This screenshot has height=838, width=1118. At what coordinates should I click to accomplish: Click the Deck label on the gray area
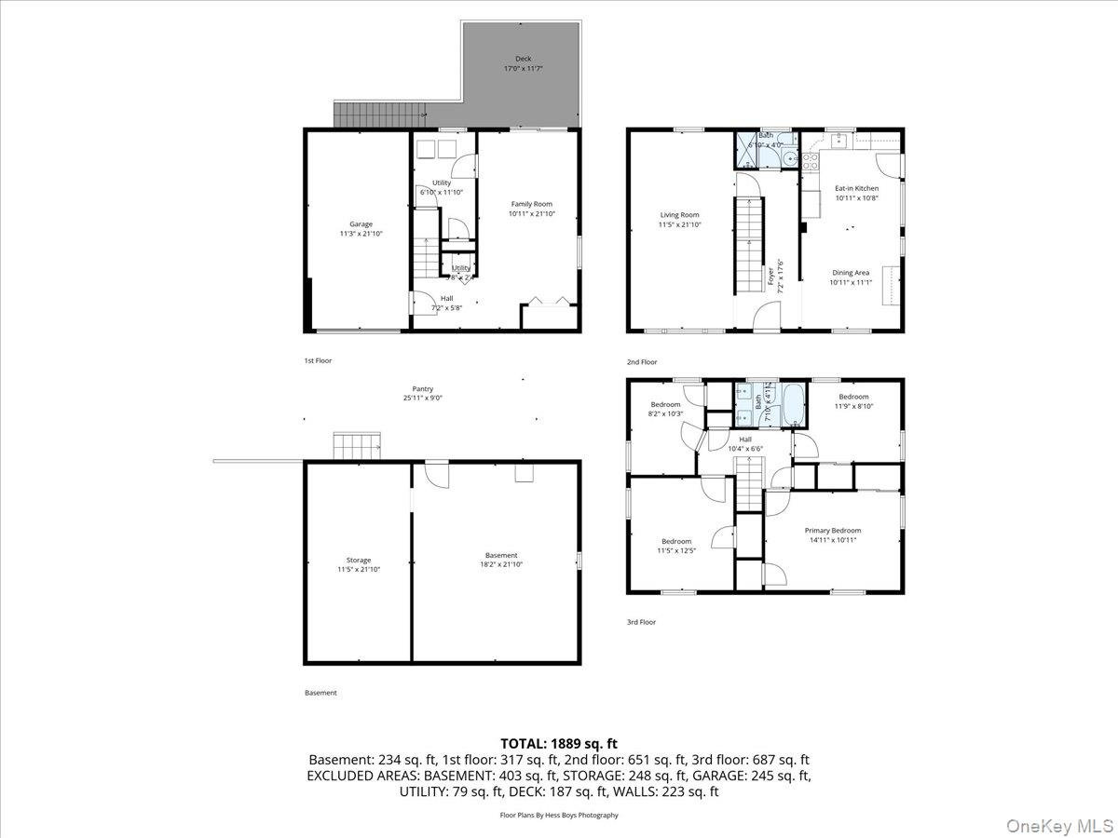[524, 59]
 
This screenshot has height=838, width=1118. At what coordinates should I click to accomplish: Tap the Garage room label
[361, 223]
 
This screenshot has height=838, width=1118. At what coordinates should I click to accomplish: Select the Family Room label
[531, 204]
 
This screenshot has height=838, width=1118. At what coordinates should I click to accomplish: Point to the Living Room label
[679, 215]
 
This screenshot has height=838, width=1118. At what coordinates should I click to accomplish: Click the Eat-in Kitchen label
[856, 188]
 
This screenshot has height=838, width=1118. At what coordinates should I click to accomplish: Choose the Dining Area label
[850, 273]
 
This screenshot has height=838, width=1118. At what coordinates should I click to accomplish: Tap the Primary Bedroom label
[833, 531]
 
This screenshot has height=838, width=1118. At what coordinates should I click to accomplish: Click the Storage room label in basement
[359, 561]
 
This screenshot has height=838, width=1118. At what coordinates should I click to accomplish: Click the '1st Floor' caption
[318, 360]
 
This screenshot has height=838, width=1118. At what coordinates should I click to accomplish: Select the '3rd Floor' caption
[641, 622]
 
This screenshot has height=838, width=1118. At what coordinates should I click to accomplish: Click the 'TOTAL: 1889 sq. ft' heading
[559, 743]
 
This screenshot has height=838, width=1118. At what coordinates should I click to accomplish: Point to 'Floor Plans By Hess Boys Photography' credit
[559, 815]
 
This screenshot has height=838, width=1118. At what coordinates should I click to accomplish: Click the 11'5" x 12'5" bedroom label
[676, 542]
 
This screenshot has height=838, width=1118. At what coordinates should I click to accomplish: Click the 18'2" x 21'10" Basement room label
[501, 556]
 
